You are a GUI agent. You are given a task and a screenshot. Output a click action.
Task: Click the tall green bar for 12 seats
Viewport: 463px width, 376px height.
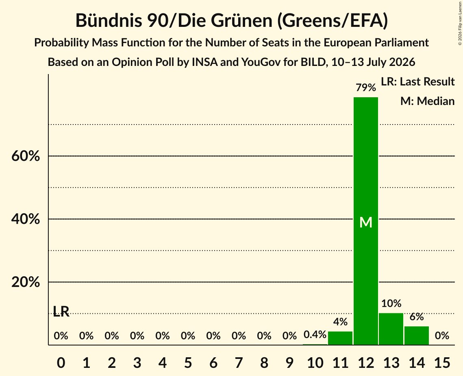tap(366, 221)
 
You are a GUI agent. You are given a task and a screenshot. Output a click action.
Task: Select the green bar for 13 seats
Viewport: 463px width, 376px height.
tap(391, 329)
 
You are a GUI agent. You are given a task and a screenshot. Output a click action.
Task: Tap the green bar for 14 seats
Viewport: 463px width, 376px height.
tap(417, 335)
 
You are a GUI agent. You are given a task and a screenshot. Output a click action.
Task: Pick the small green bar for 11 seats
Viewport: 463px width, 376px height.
tap(340, 338)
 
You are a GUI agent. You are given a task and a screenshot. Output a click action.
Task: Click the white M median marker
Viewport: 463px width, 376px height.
tap(366, 222)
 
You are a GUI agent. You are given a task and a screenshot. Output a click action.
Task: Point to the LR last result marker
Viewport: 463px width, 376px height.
tap(61, 311)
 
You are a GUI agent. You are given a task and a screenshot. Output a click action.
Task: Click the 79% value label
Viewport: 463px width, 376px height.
tap(366, 87)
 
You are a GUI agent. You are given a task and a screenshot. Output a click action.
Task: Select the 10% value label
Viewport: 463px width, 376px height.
tap(391, 303)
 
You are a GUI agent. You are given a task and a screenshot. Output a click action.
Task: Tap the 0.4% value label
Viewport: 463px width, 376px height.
tap(315, 334)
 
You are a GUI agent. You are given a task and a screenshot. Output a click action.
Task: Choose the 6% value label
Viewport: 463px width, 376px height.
tap(417, 317)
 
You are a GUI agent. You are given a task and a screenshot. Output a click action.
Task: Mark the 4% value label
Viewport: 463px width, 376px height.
tap(341, 321)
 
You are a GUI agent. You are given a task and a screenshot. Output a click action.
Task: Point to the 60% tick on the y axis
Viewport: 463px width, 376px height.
tap(26, 156)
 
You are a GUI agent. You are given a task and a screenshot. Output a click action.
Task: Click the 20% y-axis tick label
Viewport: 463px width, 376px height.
tap(26, 282)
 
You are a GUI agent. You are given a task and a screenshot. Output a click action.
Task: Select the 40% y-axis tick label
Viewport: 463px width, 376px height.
tap(26, 219)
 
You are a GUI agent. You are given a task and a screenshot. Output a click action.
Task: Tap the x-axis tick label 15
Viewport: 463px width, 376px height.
tap(442, 363)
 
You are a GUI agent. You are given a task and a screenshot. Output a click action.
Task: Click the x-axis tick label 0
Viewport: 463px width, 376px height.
tap(61, 363)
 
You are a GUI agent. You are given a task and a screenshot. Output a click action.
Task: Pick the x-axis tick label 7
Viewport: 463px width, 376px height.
tap(239, 363)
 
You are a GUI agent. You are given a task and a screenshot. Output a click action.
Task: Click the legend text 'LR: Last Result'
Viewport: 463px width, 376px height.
tap(417, 81)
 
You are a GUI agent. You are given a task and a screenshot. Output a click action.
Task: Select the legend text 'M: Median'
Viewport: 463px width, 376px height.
tap(427, 101)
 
